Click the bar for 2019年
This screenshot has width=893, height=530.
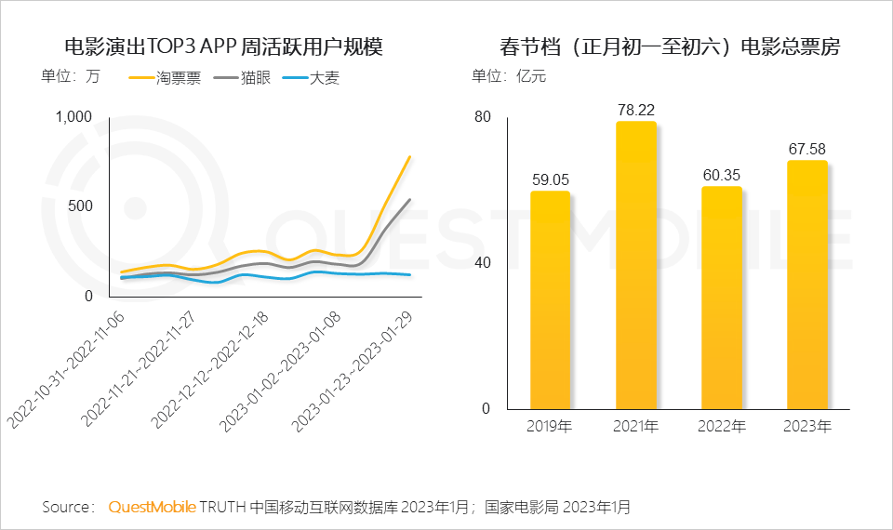(550, 300)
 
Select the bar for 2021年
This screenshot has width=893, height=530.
(635, 265)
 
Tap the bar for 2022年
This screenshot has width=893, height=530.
(721, 298)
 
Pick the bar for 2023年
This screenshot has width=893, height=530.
(806, 285)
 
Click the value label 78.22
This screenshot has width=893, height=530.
(636, 110)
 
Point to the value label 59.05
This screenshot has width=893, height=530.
(550, 179)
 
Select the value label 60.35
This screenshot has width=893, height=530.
(721, 175)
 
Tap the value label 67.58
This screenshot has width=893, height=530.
(806, 149)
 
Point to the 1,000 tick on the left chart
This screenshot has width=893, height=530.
(74, 116)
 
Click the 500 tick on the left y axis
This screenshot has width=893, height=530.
(81, 205)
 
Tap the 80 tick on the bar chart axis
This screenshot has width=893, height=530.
(482, 116)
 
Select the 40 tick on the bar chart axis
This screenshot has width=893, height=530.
(482, 262)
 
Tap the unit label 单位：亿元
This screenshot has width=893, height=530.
(509, 76)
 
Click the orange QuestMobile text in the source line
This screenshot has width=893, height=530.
(152, 507)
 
